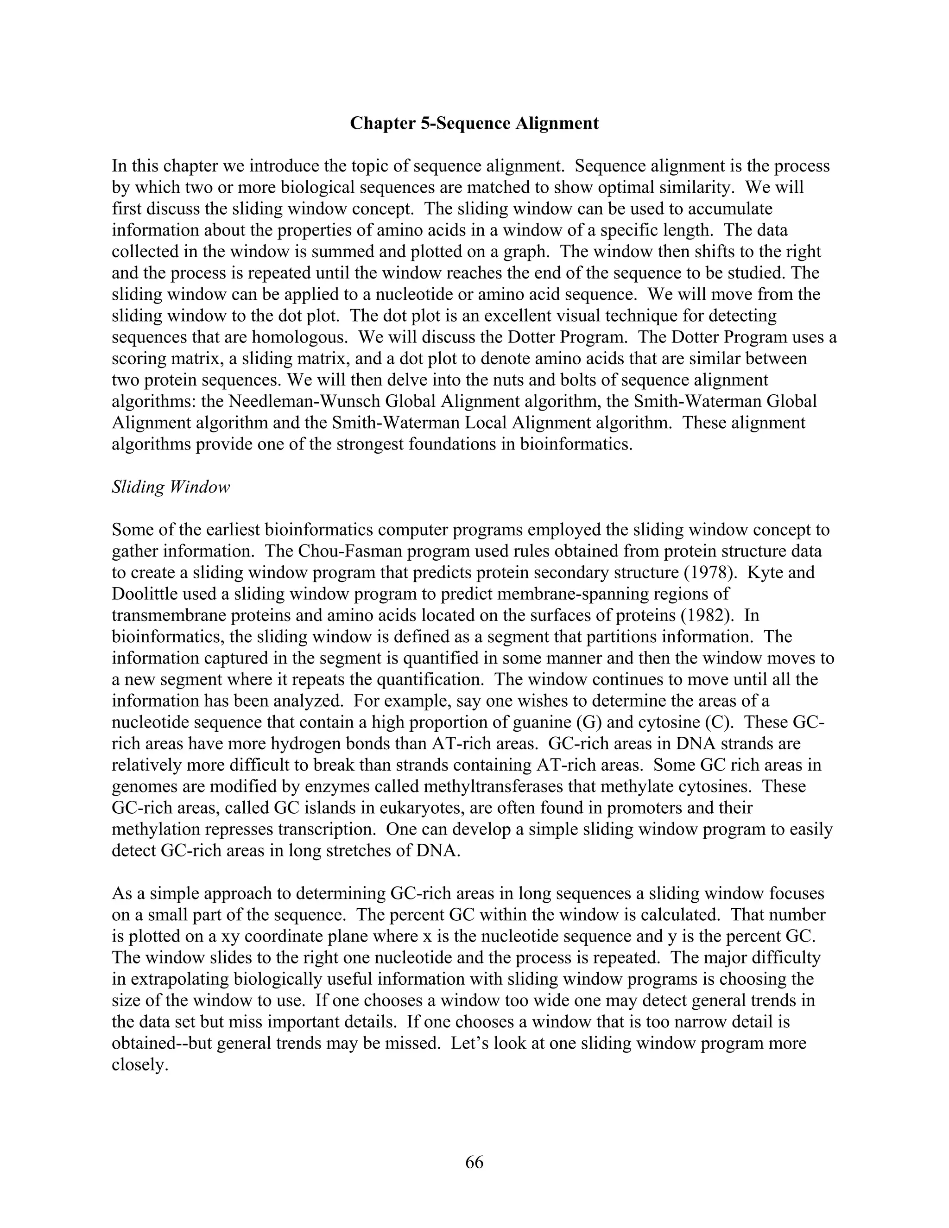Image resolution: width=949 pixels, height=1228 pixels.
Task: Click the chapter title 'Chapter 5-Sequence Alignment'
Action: [474, 123]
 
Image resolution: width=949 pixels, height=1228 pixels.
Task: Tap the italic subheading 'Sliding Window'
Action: [171, 487]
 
